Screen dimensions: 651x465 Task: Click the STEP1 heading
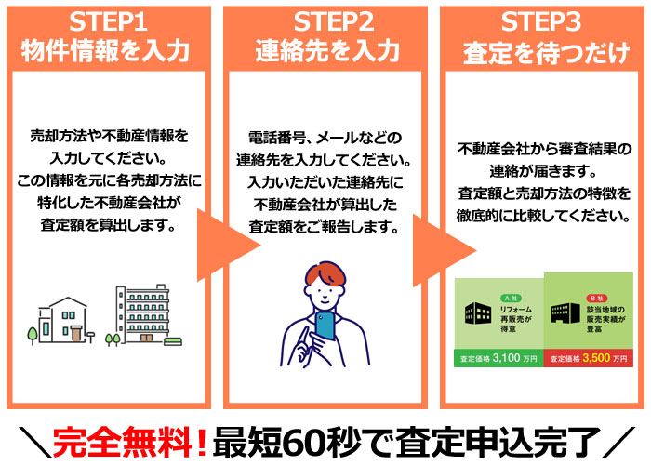coord(108,22)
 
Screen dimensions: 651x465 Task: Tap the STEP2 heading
coord(334,22)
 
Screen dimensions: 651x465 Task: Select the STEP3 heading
coord(541,22)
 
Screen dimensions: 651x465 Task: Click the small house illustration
coord(63,320)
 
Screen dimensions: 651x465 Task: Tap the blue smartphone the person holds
coord(325,325)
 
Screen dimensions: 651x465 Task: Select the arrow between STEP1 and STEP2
coord(228,246)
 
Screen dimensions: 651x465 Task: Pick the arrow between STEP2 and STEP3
coord(444,250)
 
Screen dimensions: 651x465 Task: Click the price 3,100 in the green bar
coord(506,358)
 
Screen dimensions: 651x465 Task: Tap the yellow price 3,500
coord(596,358)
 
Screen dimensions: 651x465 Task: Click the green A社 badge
coord(511,299)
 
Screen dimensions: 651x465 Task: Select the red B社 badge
coord(597,299)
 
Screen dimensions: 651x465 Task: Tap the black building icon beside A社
coord(478,313)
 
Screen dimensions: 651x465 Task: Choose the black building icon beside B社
coord(565,313)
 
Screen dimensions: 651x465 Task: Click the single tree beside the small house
coord(33,335)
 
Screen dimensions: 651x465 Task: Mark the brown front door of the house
coord(76,334)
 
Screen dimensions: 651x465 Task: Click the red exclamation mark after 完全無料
coord(202,443)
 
